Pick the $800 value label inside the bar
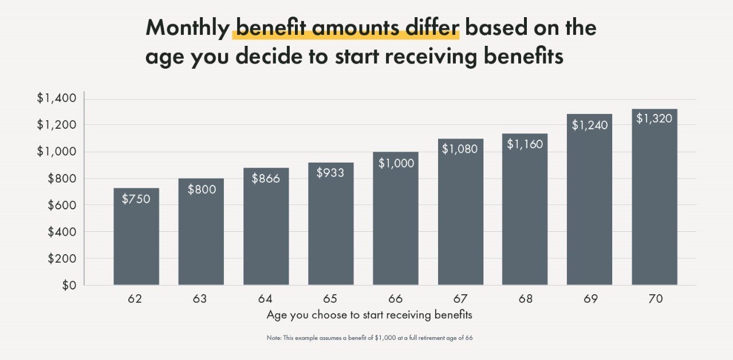pos(202,189)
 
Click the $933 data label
pos(330,172)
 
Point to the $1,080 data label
pos(460,149)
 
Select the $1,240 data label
pos(589,125)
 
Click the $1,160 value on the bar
pos(525,144)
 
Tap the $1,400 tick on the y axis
pos(56,98)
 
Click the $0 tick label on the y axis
pos(69,285)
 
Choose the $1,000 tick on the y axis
pos(56,152)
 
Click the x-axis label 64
pos(265,299)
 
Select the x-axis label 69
pos(590,299)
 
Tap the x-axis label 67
pos(460,299)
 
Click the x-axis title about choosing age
pos(369,315)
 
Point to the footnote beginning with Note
pos(369,338)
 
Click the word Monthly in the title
pos(187,27)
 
